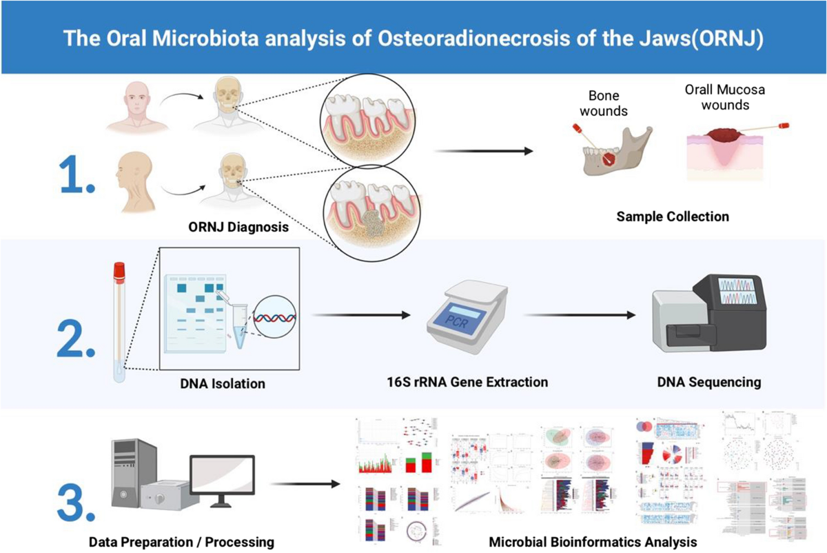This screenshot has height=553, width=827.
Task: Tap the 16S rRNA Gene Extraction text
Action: coord(467,381)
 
